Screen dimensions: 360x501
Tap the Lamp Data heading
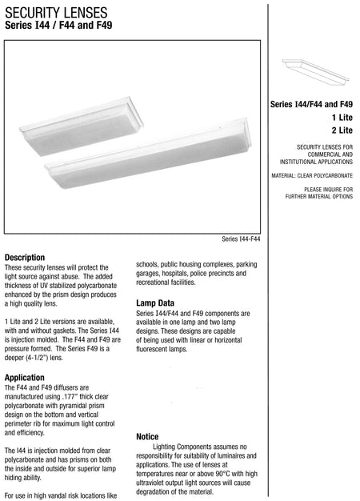pyautogui.click(x=155, y=303)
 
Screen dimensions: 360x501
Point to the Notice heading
pyautogui.click(x=147, y=436)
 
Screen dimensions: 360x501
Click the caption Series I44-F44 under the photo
pyautogui.click(x=241, y=238)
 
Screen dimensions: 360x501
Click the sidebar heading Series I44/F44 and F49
pyautogui.click(x=312, y=103)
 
